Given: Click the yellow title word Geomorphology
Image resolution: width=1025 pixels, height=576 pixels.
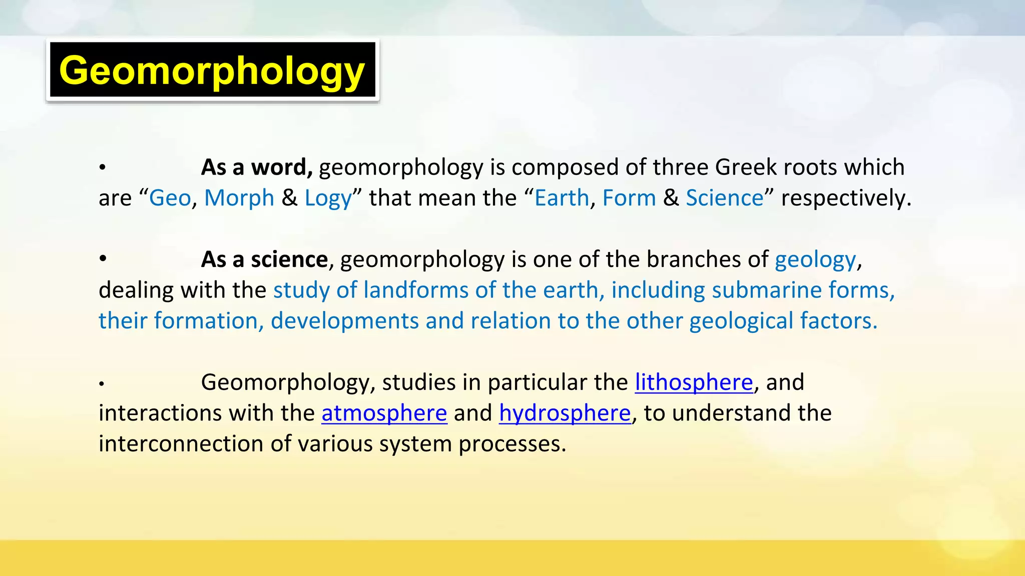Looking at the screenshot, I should click(x=212, y=70).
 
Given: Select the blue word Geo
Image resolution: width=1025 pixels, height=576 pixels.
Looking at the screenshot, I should click(x=170, y=198).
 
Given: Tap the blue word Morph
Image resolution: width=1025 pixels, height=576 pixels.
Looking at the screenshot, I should click(x=239, y=198).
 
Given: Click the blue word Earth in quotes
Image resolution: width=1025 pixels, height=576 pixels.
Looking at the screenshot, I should click(x=562, y=198).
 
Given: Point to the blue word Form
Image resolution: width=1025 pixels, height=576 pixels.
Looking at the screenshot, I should click(x=629, y=198).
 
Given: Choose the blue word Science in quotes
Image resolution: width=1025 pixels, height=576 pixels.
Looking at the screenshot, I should click(x=725, y=198).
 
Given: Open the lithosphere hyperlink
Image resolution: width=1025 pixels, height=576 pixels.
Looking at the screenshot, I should click(x=694, y=382).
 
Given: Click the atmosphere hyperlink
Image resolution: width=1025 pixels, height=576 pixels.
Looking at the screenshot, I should click(x=384, y=413).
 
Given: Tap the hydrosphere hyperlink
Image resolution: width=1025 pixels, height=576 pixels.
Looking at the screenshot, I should click(x=565, y=413).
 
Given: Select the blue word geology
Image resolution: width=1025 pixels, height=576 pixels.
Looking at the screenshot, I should click(x=815, y=260).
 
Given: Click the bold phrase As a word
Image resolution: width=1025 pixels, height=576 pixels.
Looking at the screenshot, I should click(x=257, y=167).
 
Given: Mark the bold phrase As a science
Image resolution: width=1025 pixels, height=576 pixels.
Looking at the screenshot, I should click(x=264, y=259).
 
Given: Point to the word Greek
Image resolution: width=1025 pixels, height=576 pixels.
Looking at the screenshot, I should click(x=746, y=167).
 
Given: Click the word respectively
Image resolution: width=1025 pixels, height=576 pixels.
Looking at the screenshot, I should click(x=846, y=198).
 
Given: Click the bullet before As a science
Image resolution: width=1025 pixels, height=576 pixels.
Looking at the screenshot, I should click(x=103, y=258).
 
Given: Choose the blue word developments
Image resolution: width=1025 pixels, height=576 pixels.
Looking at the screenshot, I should click(x=344, y=321).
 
